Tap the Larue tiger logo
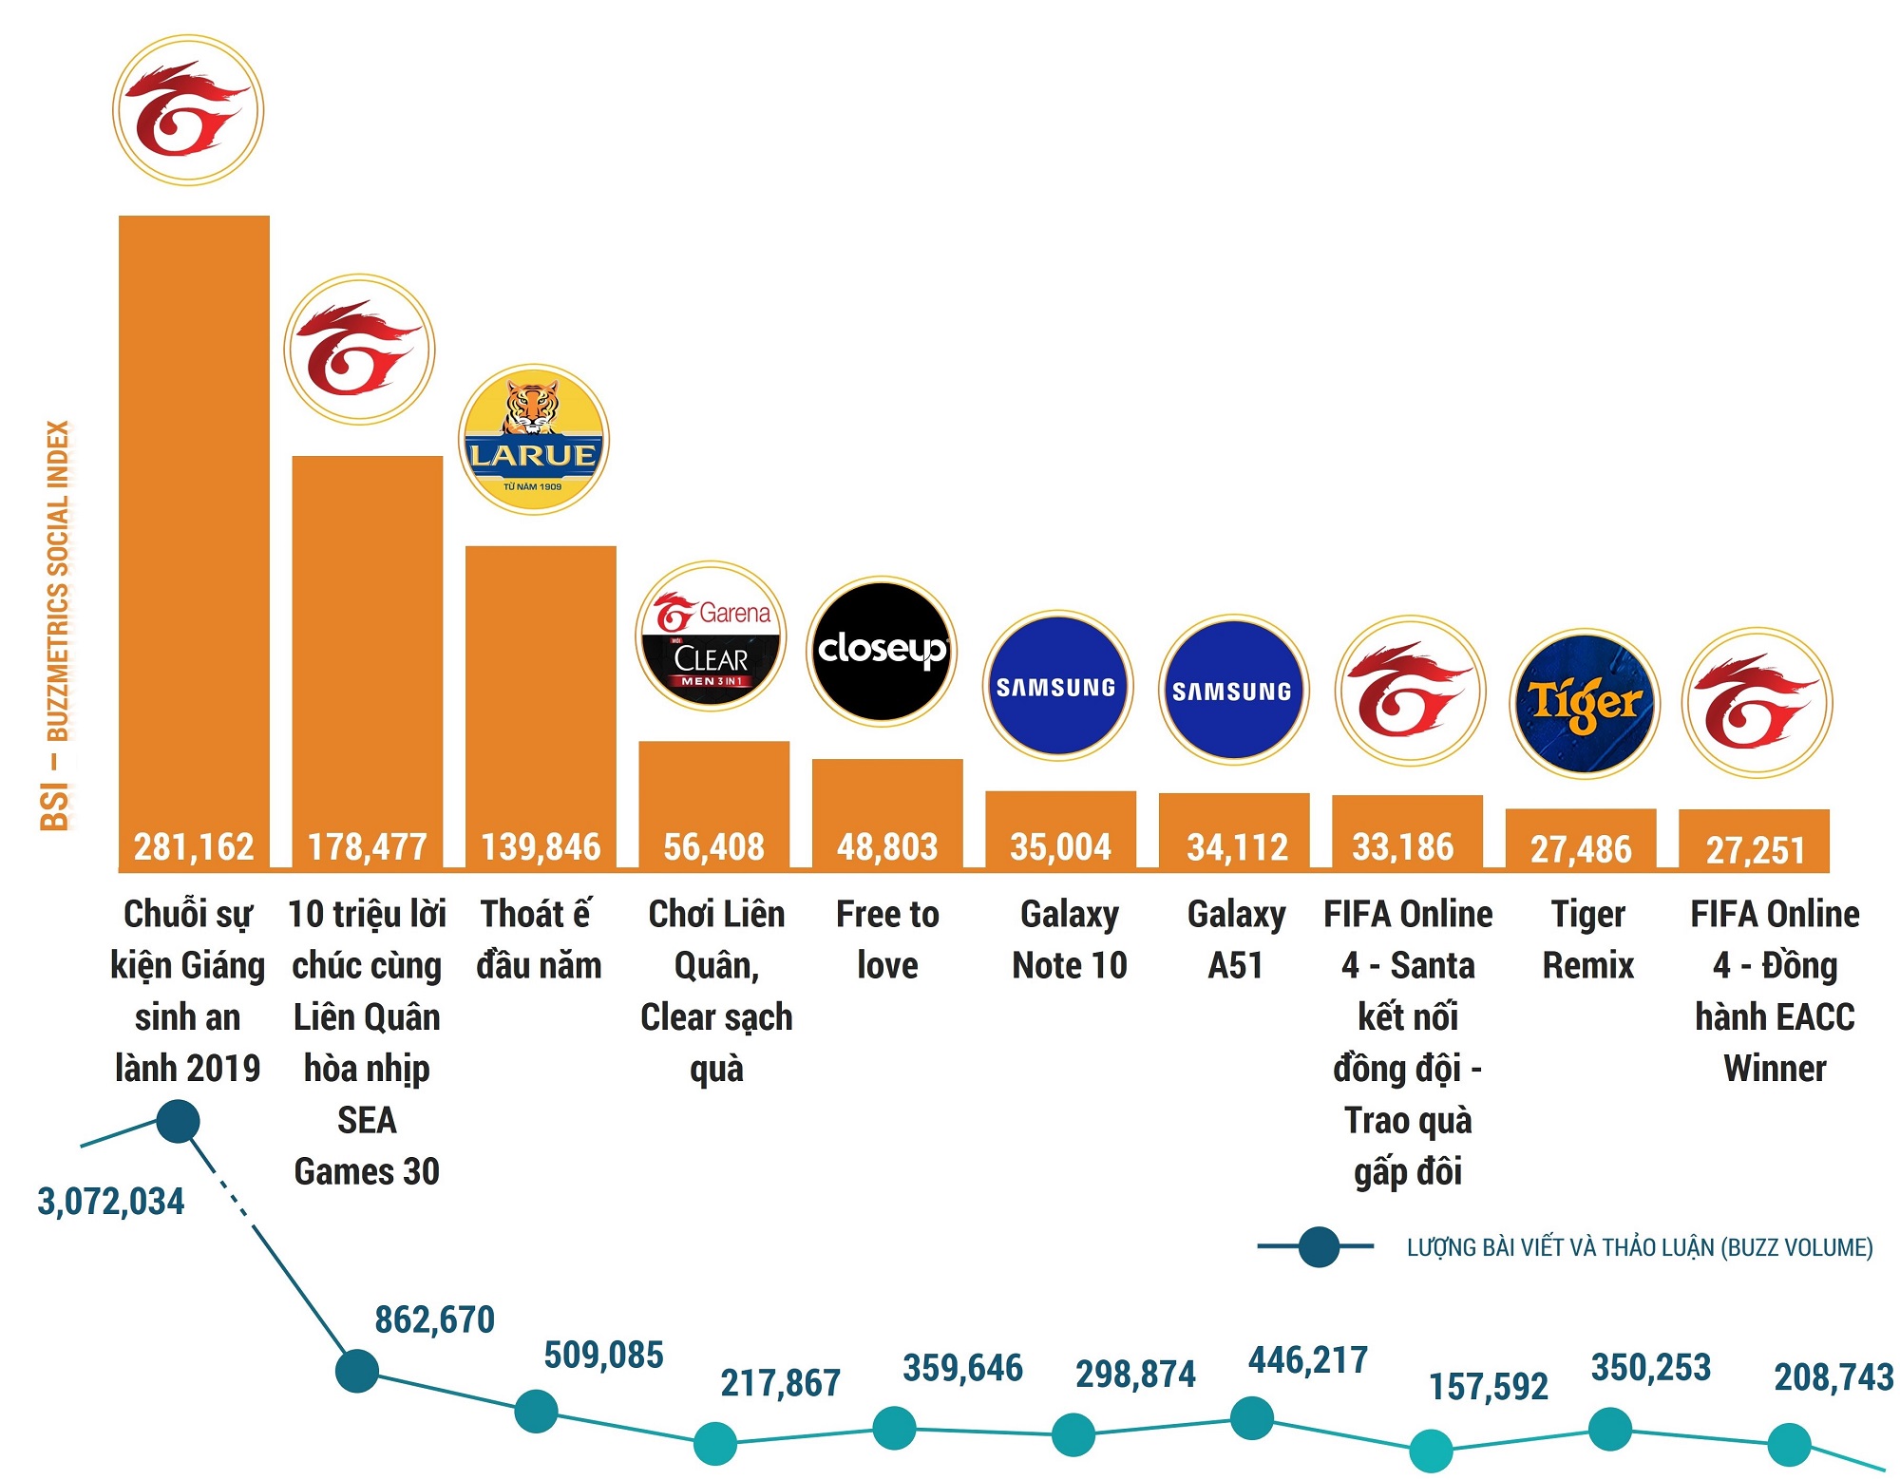click(x=534, y=441)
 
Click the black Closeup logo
click(x=882, y=651)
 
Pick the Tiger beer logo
click(x=1585, y=704)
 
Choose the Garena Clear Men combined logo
click(x=711, y=636)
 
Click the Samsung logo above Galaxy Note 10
click(x=1057, y=686)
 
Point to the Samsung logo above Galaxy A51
click(x=1233, y=690)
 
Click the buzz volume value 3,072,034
click(x=111, y=1202)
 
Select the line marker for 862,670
click(x=357, y=1371)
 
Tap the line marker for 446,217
click(x=1252, y=1418)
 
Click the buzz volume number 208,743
click(x=1833, y=1376)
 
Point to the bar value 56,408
click(x=713, y=846)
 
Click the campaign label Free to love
click(x=887, y=939)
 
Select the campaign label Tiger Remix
click(x=1587, y=939)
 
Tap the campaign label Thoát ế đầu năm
click(x=539, y=939)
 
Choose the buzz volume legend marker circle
click(x=1319, y=1246)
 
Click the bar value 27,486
click(x=1581, y=849)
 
